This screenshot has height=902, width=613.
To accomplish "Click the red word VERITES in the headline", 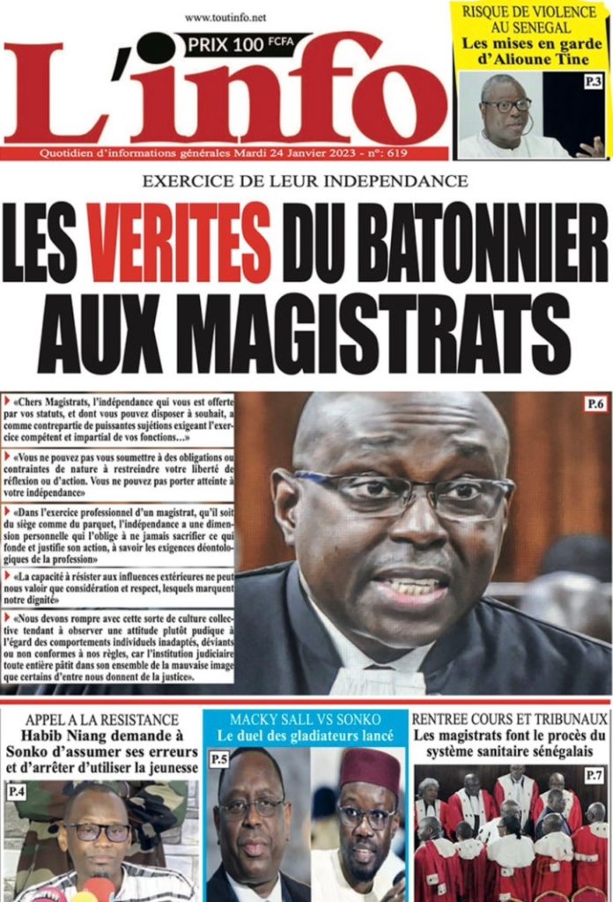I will coord(181,242).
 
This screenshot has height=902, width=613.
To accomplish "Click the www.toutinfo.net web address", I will coord(225,17).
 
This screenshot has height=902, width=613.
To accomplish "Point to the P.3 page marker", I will coord(594,83).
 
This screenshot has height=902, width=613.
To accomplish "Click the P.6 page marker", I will coord(595,404).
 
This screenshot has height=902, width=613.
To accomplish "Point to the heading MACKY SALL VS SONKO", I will coord(306,718).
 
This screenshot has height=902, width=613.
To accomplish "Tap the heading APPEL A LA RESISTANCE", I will coord(101,720).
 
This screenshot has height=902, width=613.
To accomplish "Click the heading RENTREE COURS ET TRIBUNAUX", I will coord(510,718).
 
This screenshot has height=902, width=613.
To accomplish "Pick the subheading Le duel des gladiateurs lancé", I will coord(306,735).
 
